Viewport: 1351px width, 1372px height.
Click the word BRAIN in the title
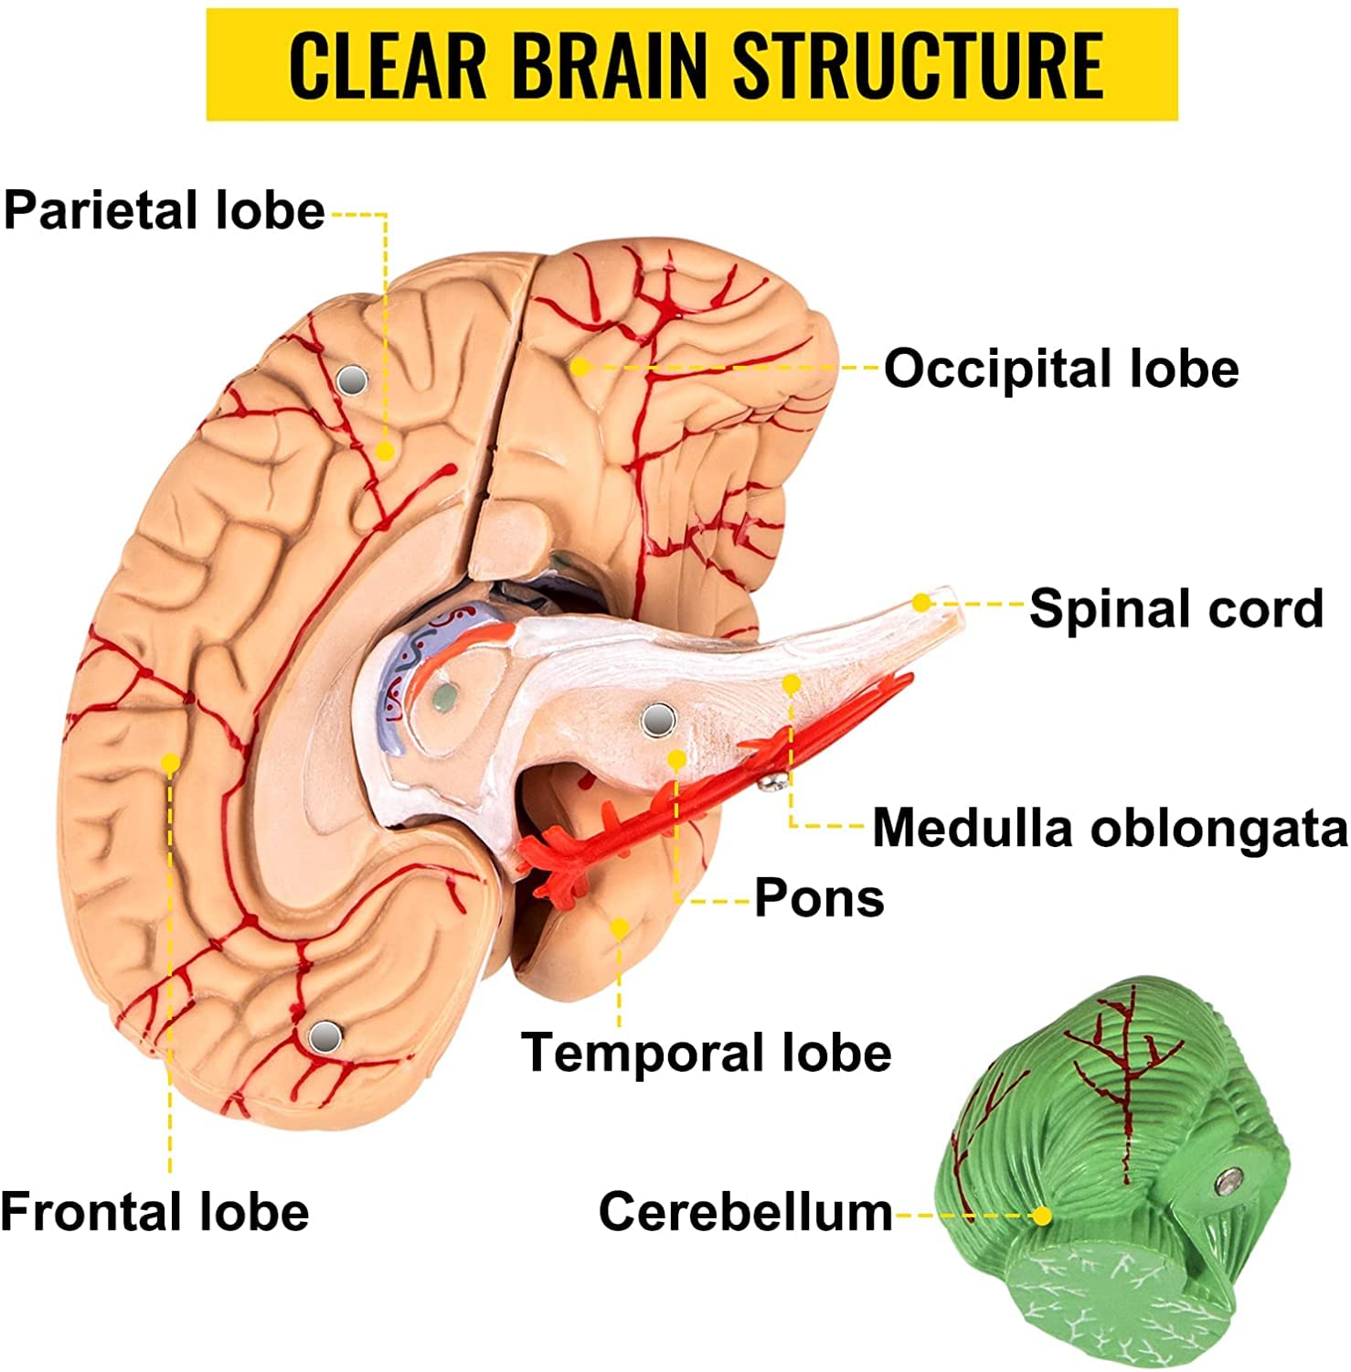[611, 65]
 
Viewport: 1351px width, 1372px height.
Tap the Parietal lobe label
[165, 210]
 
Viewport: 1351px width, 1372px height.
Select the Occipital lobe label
[1060, 369]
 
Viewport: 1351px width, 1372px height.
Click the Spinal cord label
[1176, 608]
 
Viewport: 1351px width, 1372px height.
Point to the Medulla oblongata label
[1110, 828]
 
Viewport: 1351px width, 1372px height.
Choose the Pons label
[819, 898]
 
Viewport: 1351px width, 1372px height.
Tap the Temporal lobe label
[706, 1053]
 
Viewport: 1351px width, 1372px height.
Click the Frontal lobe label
[155, 1212]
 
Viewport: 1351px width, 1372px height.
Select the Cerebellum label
[745, 1212]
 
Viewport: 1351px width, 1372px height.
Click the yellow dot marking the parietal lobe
[385, 451]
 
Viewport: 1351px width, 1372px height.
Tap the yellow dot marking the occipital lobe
[580, 367]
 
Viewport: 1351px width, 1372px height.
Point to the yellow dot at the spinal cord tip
[922, 602]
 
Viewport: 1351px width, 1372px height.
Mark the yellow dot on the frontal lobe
[170, 762]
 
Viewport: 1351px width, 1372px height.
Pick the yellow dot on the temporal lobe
[620, 928]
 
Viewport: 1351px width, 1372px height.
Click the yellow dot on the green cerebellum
[1042, 1216]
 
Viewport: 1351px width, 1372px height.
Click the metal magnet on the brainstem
[658, 720]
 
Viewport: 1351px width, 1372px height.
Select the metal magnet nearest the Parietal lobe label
[352, 380]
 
